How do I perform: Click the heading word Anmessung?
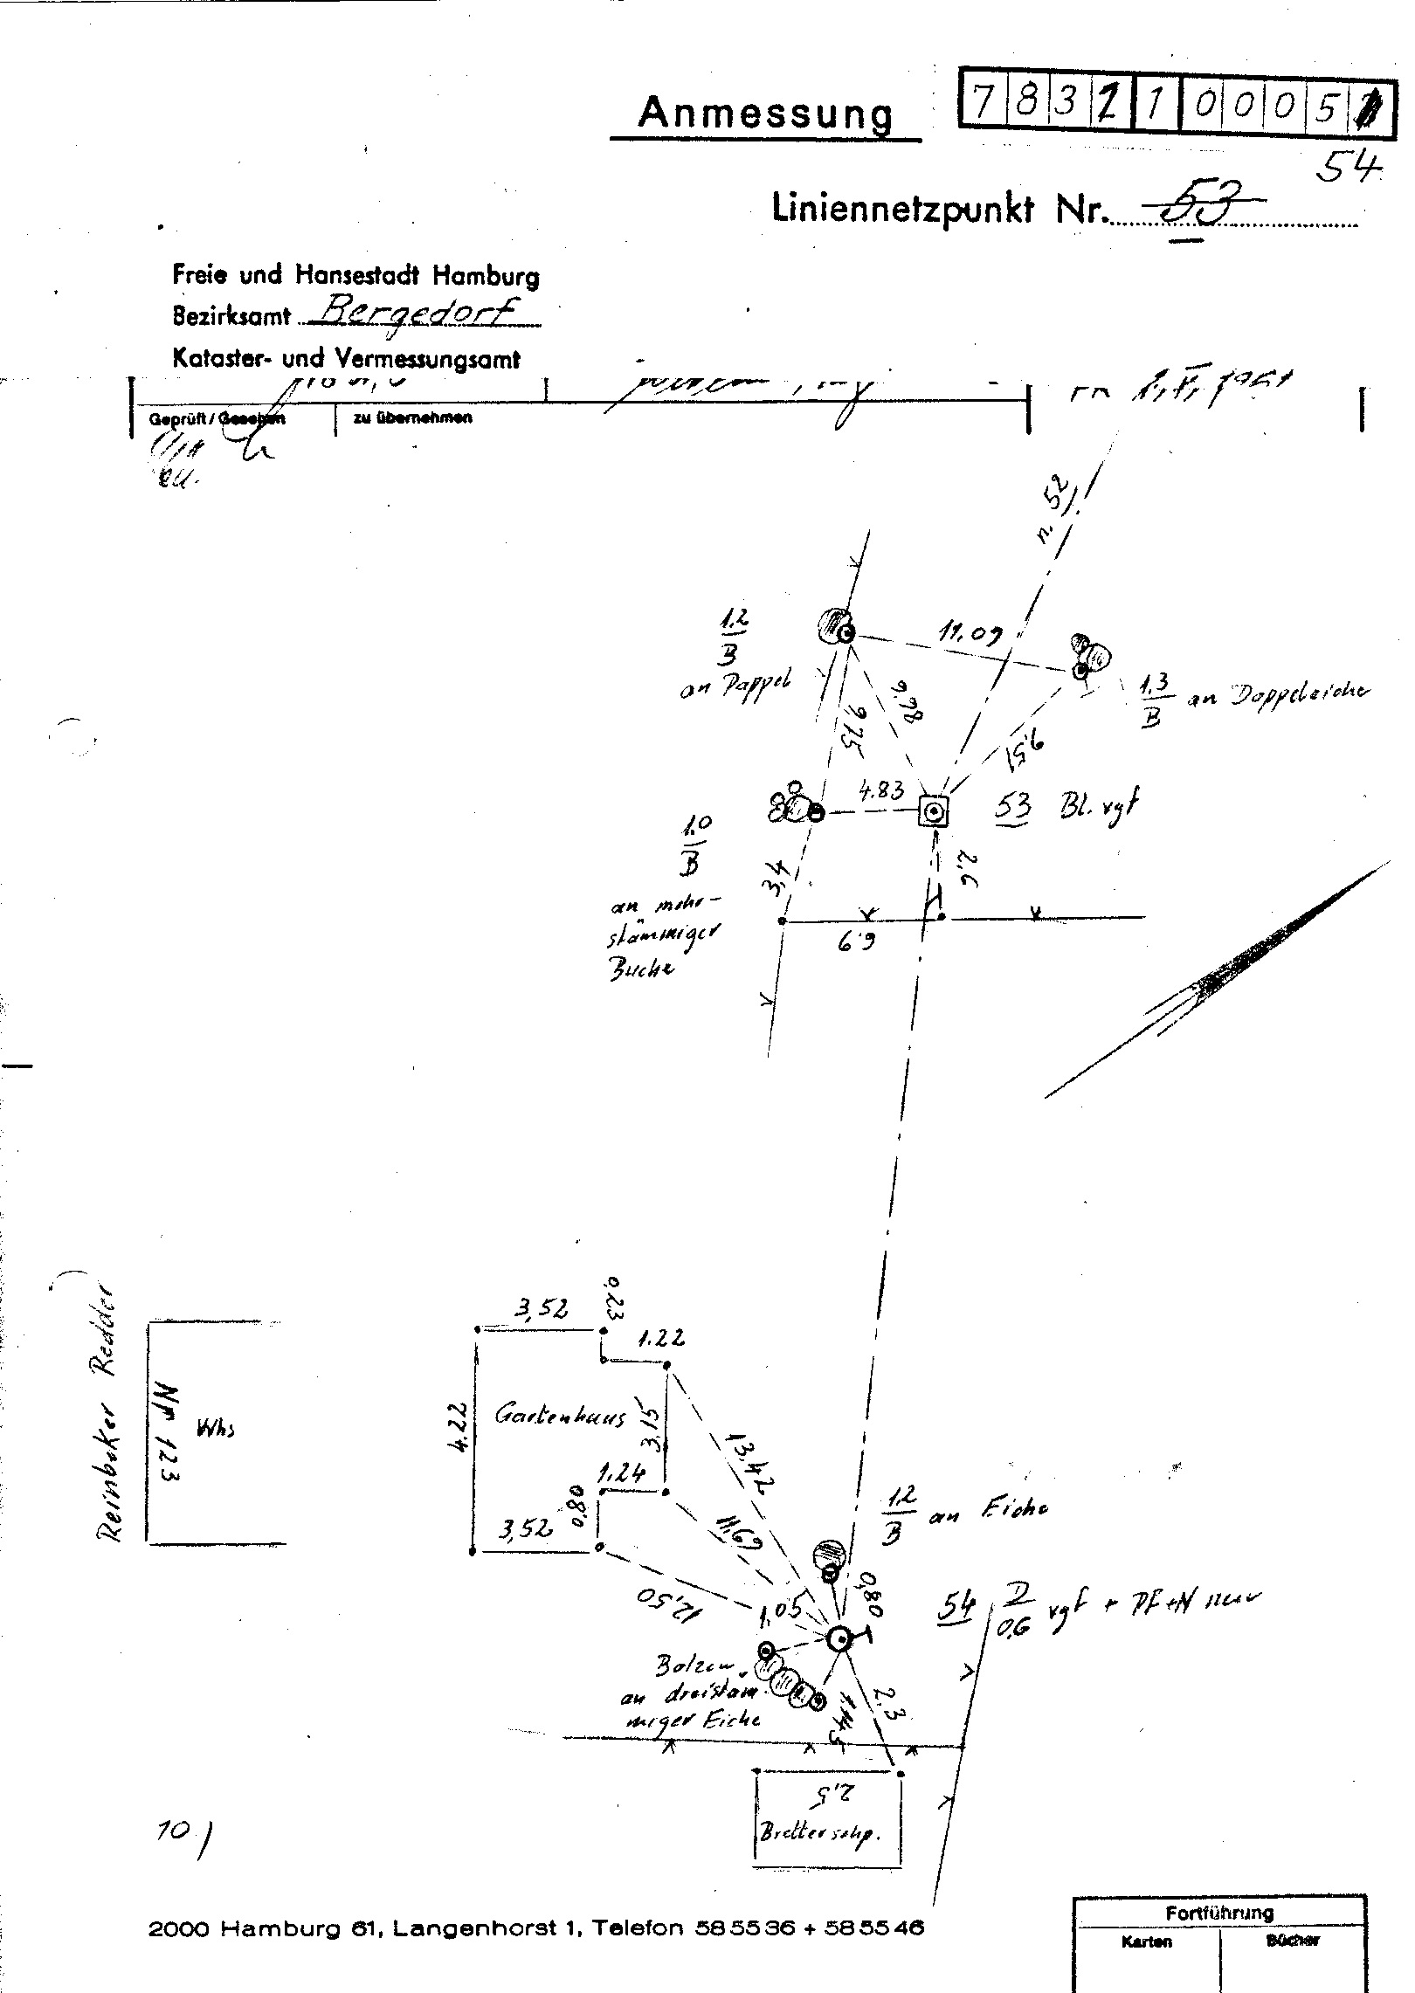(x=766, y=114)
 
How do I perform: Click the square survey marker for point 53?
(x=934, y=812)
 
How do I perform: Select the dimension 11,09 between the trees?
(x=970, y=634)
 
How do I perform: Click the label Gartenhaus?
(x=560, y=1416)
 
